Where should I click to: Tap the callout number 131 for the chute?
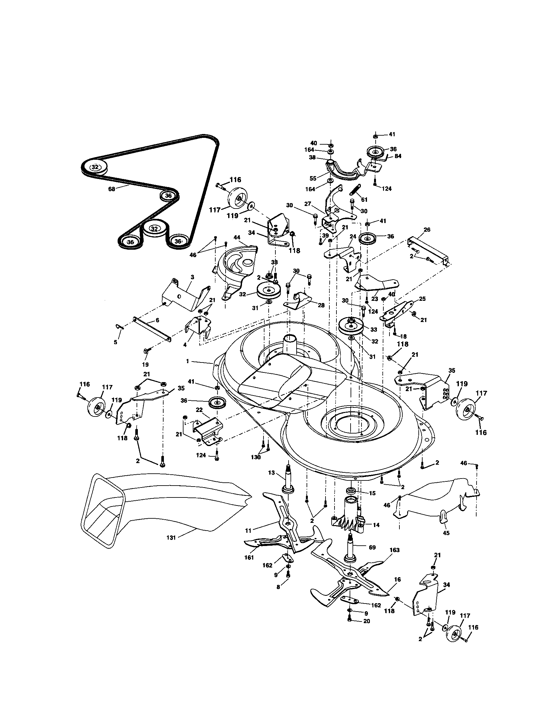click(x=171, y=538)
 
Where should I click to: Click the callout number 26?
click(x=427, y=230)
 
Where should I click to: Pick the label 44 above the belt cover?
click(x=237, y=237)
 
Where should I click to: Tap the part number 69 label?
click(x=372, y=547)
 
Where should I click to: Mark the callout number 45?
click(x=446, y=533)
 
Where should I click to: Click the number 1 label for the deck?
click(x=187, y=361)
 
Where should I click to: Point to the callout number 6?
click(x=157, y=320)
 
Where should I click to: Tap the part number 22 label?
click(x=199, y=410)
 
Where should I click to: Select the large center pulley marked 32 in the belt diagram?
click(x=155, y=229)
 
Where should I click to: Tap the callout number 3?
click(x=192, y=277)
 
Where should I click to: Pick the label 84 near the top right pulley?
click(x=398, y=157)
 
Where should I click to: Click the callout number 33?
click(x=374, y=329)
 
